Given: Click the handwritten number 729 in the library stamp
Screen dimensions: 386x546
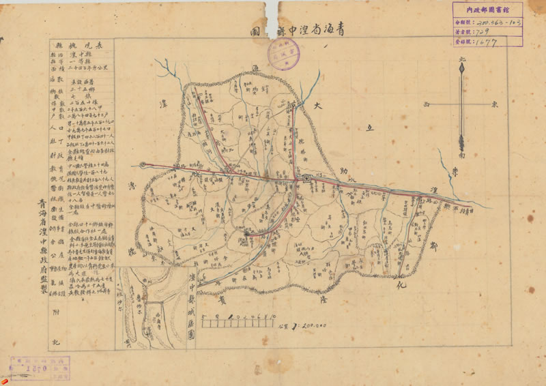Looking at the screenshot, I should tap(487, 31).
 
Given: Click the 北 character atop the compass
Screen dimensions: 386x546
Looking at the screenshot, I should tap(461, 60).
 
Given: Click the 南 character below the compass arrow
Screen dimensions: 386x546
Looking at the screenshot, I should tap(461, 155).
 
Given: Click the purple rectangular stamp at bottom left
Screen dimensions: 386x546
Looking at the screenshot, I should tap(40, 368).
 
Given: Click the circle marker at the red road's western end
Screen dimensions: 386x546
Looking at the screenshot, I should tap(143, 164).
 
